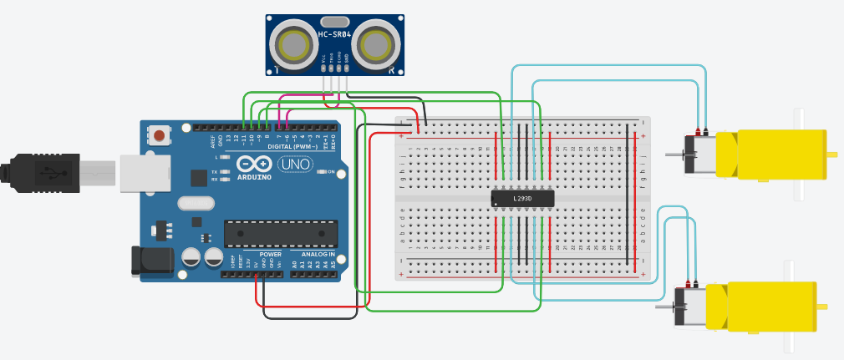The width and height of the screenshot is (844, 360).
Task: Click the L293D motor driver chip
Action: pos(523,198)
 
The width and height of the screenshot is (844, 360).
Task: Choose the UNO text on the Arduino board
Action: pos(295,165)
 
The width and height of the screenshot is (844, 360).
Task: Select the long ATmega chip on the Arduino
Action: pos(281,234)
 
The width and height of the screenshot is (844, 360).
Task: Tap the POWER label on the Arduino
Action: pos(271,254)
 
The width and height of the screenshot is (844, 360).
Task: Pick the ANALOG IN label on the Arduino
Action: pos(318,254)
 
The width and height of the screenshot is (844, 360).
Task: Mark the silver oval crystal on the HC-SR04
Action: pos(334,21)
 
